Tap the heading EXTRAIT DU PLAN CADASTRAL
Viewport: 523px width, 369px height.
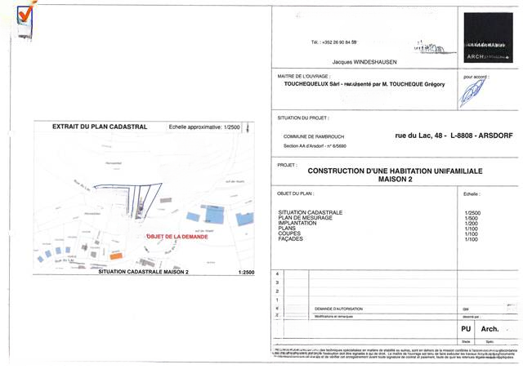point(87,127)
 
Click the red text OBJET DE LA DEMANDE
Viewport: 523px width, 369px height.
point(177,237)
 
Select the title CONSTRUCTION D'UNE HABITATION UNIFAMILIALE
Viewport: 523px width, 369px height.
point(396,171)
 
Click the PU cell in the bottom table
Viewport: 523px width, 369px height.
point(467,328)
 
